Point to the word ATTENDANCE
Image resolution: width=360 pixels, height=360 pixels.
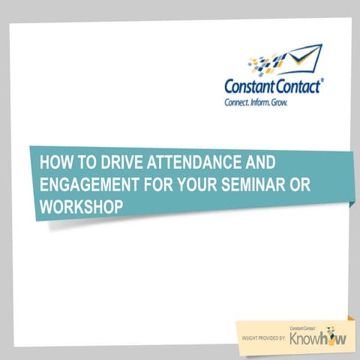(x=181, y=163)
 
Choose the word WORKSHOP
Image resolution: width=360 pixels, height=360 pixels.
(x=80, y=205)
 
